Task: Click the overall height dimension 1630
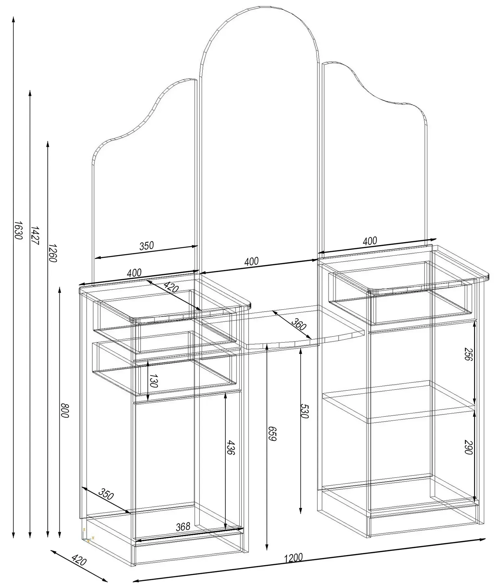click(x=18, y=230)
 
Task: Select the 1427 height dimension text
click(x=35, y=236)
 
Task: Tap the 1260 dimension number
click(x=53, y=253)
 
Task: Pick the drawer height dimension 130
click(x=153, y=381)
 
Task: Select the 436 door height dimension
click(x=230, y=448)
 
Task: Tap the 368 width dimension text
click(x=183, y=527)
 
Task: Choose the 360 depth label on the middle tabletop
click(x=298, y=324)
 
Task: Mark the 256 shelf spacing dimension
click(x=468, y=354)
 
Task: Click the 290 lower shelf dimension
click(x=468, y=447)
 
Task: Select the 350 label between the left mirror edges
click(x=146, y=246)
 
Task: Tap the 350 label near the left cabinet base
click(x=106, y=494)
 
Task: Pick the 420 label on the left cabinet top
click(x=171, y=287)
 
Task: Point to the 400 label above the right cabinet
click(x=370, y=241)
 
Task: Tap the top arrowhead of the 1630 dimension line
click(x=14, y=19)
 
